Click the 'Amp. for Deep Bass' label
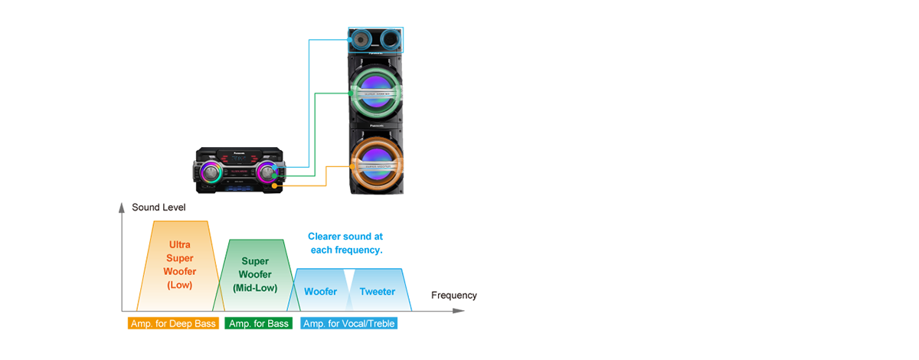click(173, 323)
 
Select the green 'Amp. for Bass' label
click(258, 323)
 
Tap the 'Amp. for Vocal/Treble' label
click(349, 323)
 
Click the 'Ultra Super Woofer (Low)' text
click(180, 264)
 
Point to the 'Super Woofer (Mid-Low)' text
click(255, 274)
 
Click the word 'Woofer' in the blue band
click(320, 292)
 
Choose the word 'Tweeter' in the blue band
click(378, 292)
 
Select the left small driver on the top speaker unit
click(361, 38)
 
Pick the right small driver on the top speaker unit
click(391, 38)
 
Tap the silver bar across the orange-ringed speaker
click(378, 162)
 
